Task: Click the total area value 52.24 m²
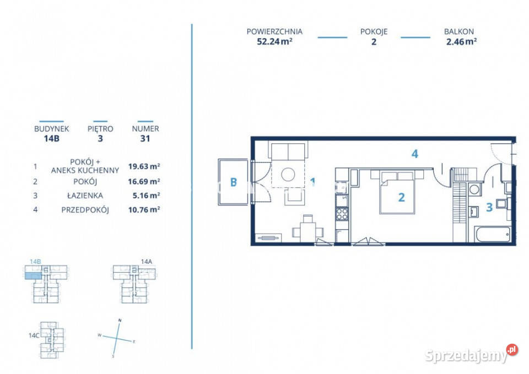pos(274,41)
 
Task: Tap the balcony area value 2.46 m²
pos(461,41)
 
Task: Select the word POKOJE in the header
pos(374,32)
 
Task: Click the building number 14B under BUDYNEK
pos(52,138)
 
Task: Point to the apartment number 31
pos(145,138)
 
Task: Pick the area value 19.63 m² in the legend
pos(144,166)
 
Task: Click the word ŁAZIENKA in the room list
pos(85,196)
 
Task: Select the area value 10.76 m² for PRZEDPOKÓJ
pos(144,210)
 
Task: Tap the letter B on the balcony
pos(233,182)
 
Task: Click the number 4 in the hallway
pos(414,154)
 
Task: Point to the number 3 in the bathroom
pos(489,207)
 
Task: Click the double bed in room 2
pos(397,192)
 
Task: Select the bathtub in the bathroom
pos(493,234)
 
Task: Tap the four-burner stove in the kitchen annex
pos(342,214)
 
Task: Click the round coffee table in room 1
pos(288,175)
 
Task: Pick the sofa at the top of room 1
pos(288,151)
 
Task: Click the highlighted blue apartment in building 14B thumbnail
pos(34,276)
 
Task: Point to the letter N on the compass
pos(120,321)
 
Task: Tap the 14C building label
pos(34,335)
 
